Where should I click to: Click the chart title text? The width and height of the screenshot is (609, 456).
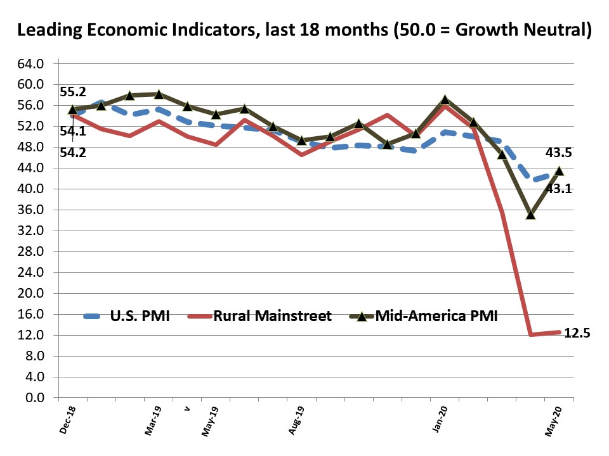304,30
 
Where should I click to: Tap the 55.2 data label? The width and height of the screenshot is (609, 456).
73,92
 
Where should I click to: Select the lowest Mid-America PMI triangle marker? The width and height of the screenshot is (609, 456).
531,215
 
